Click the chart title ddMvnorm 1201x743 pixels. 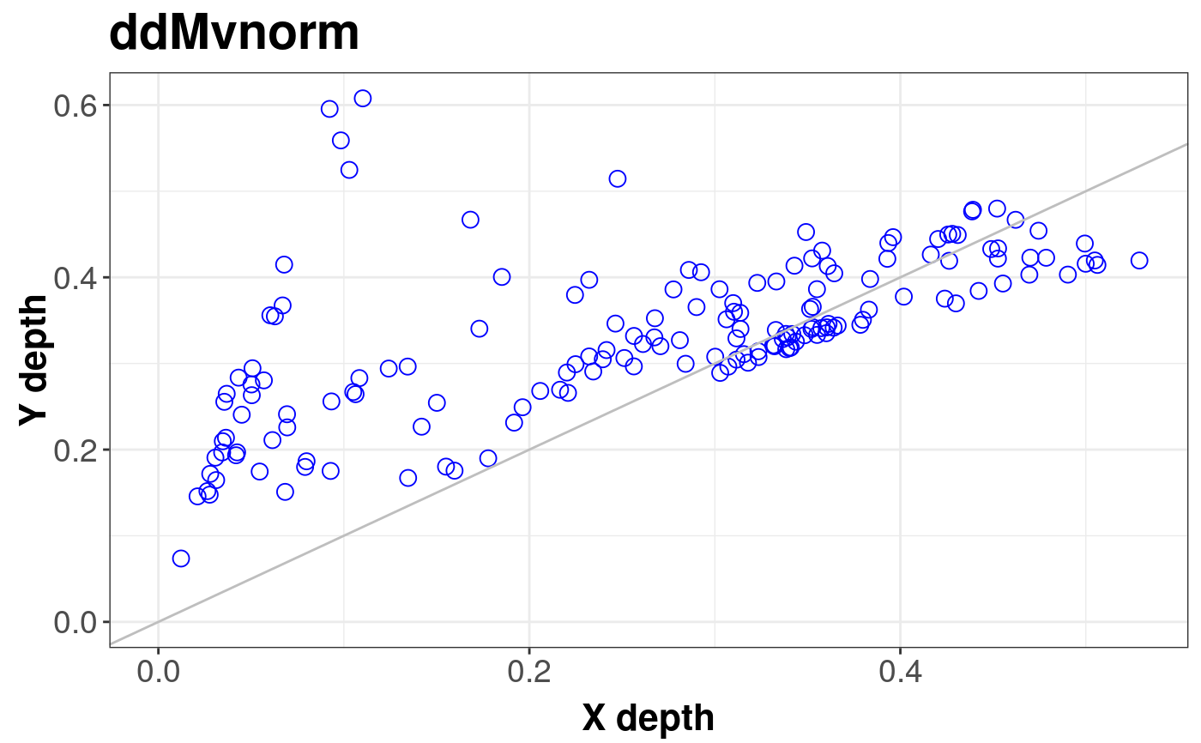(x=233, y=34)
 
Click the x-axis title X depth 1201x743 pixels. (x=648, y=717)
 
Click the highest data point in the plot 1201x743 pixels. (x=363, y=99)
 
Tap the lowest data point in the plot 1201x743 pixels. (x=181, y=559)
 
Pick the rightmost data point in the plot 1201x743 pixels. (x=1139, y=261)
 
